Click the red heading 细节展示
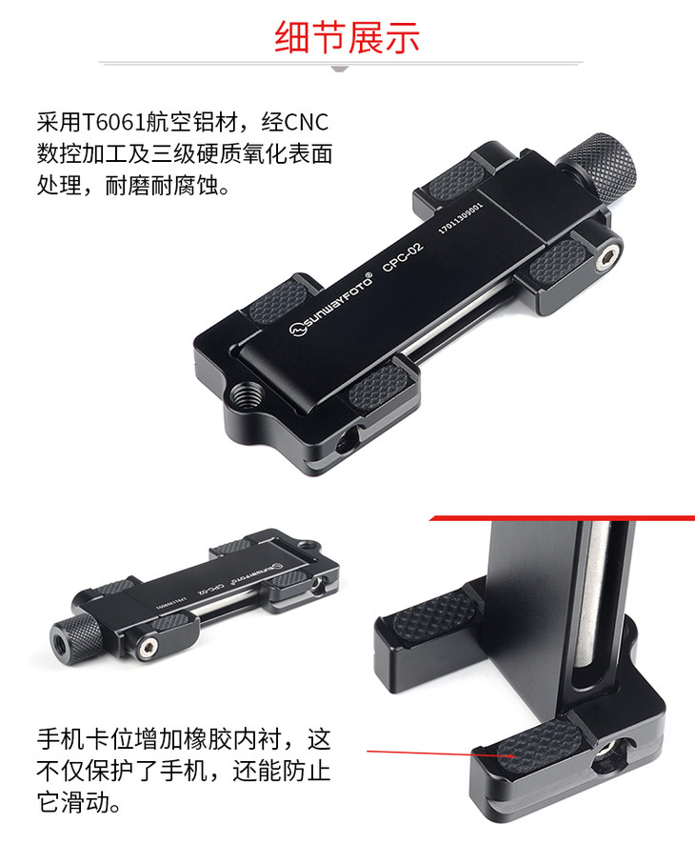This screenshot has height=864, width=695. pyautogui.click(x=347, y=37)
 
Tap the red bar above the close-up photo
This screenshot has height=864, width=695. pyautogui.click(x=562, y=519)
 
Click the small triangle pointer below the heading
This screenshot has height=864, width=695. pyautogui.click(x=340, y=69)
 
